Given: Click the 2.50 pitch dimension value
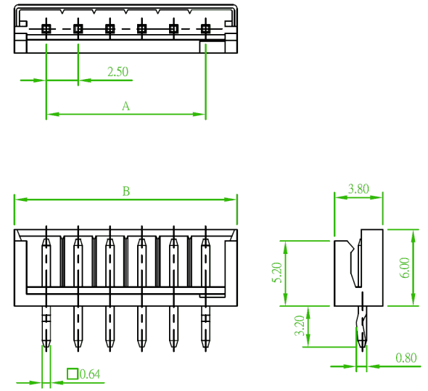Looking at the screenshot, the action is (x=118, y=72).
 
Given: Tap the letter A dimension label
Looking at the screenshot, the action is (x=125, y=106).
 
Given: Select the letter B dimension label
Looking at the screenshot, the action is (x=126, y=192).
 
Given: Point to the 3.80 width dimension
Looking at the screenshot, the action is (x=358, y=189).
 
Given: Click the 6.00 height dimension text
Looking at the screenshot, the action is (x=406, y=268).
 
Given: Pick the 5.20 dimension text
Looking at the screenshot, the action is (x=277, y=273).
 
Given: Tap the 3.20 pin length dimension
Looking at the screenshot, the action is (x=300, y=326).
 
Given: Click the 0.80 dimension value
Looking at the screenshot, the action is (x=406, y=358).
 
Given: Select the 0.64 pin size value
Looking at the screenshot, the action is (x=90, y=374).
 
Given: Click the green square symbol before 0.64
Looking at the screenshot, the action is (x=73, y=374).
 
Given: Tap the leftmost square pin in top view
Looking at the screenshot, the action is (x=46, y=28).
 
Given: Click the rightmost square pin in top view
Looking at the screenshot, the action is (x=205, y=28).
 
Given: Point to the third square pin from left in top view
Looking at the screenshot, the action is (x=110, y=28).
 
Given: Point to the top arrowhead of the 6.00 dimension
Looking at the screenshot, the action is (x=413, y=235).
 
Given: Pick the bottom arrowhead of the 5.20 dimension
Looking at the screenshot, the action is (x=286, y=300).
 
